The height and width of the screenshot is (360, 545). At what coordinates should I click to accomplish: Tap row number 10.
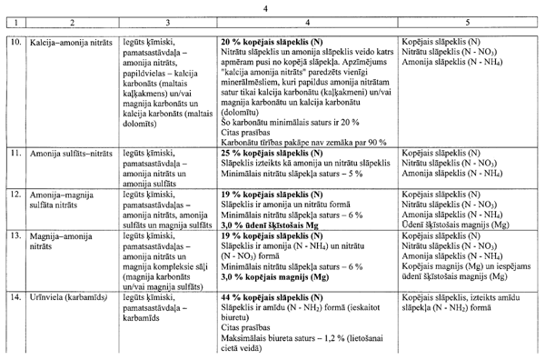[x=15, y=42]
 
